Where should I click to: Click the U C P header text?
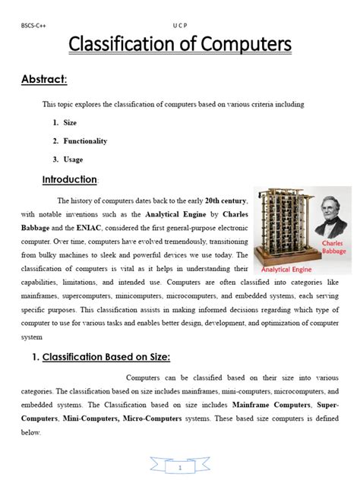click(180, 25)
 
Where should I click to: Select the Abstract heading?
click(44, 80)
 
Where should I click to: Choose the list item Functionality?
click(85, 141)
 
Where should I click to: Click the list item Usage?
click(73, 159)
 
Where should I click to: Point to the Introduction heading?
click(70, 179)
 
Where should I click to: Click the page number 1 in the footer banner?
click(180, 467)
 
